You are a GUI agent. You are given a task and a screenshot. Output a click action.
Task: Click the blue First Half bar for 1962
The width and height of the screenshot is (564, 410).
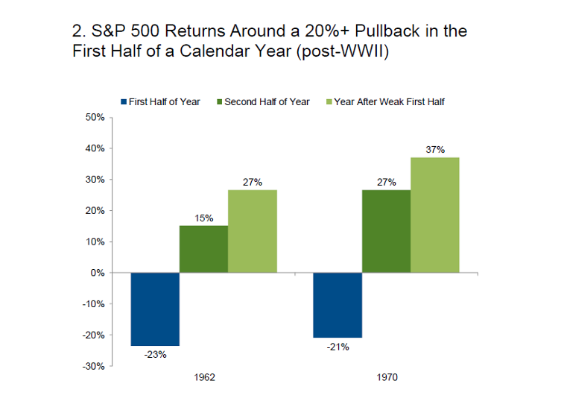tap(155, 309)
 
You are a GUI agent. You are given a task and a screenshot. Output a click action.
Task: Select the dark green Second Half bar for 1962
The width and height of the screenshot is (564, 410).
tap(203, 249)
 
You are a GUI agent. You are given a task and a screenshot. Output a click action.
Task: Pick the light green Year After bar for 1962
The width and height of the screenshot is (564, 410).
tap(253, 231)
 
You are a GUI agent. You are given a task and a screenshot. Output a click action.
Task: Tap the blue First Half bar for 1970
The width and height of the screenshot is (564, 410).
tap(338, 305)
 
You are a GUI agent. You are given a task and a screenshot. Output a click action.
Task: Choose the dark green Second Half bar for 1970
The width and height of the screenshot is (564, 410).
tap(386, 231)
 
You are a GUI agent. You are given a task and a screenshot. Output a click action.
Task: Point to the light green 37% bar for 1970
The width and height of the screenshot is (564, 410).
tap(435, 215)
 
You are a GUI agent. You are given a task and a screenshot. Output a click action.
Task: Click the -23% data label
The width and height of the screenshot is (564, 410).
tap(155, 355)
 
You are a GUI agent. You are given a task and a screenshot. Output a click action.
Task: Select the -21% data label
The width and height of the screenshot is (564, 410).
tap(338, 347)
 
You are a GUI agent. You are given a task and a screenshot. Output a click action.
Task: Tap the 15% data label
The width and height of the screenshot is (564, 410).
tap(204, 218)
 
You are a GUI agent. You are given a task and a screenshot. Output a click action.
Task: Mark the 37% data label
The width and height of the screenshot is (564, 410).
tap(435, 149)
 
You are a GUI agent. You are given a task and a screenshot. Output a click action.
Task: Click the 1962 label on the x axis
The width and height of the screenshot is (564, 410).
tap(204, 378)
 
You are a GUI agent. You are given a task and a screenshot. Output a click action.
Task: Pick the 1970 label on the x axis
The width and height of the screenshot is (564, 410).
tap(387, 378)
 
